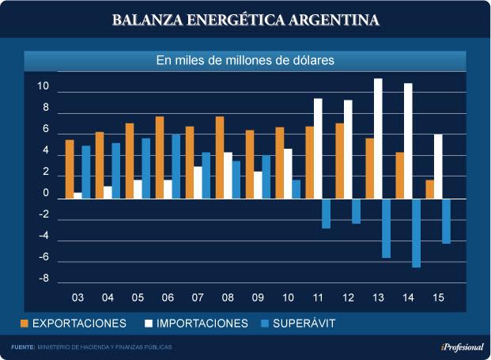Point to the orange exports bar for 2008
tap(220, 157)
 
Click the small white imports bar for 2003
tap(78, 195)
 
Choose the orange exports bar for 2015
tap(429, 189)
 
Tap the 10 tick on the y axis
tap(44, 86)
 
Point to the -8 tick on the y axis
tap(44, 279)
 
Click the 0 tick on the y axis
tap(46, 193)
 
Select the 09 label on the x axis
tap(258, 298)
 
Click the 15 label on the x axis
tap(438, 298)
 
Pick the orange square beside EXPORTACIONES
tap(25, 324)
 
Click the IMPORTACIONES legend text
tap(202, 324)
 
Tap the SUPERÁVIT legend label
tap(304, 324)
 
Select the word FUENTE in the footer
tap(22, 347)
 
